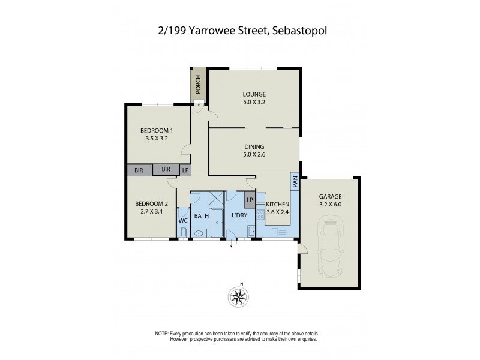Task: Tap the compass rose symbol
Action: tap(240, 296)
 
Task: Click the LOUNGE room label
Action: tap(254, 94)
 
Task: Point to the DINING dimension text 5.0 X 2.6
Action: tap(254, 154)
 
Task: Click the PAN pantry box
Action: tap(295, 182)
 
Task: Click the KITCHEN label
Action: tap(277, 205)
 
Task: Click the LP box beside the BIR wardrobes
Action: tap(185, 170)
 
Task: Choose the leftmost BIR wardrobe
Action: tap(139, 170)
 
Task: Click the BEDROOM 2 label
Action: tap(151, 204)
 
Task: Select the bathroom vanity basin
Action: tap(200, 233)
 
